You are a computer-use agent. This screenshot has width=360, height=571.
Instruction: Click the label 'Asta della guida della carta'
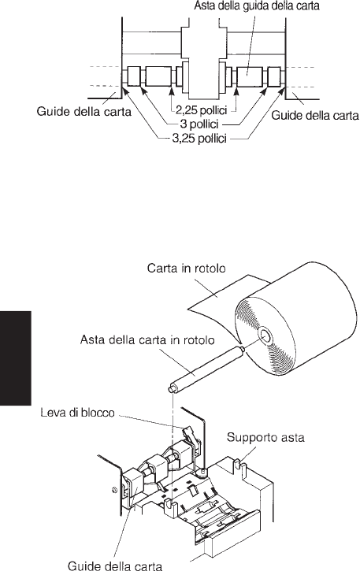(257, 6)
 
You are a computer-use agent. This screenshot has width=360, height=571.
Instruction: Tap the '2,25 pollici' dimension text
(201, 109)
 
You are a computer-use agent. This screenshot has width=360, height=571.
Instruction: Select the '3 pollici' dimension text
(199, 124)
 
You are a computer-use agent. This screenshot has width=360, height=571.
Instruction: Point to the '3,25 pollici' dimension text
(199, 139)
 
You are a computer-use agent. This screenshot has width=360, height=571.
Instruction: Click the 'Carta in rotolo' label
(186, 269)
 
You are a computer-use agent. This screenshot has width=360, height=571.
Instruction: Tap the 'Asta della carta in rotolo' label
(147, 339)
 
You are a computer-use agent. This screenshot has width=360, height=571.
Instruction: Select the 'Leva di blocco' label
(77, 413)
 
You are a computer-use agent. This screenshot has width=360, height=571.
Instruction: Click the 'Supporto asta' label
(265, 437)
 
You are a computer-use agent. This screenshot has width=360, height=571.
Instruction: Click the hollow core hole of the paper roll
(264, 336)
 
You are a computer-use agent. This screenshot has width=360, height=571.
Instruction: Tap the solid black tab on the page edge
(15, 358)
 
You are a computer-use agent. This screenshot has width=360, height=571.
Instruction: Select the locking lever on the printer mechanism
(189, 434)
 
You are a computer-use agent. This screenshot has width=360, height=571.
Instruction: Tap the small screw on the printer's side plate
(113, 489)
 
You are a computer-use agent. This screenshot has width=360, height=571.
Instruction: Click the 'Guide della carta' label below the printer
(115, 565)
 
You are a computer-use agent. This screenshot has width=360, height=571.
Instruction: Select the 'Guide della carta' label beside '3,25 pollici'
(315, 116)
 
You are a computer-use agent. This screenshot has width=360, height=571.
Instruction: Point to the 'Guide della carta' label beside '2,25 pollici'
(84, 111)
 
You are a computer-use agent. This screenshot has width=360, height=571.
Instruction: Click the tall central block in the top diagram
(204, 58)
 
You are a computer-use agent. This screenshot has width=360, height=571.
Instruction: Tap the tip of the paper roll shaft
(170, 390)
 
